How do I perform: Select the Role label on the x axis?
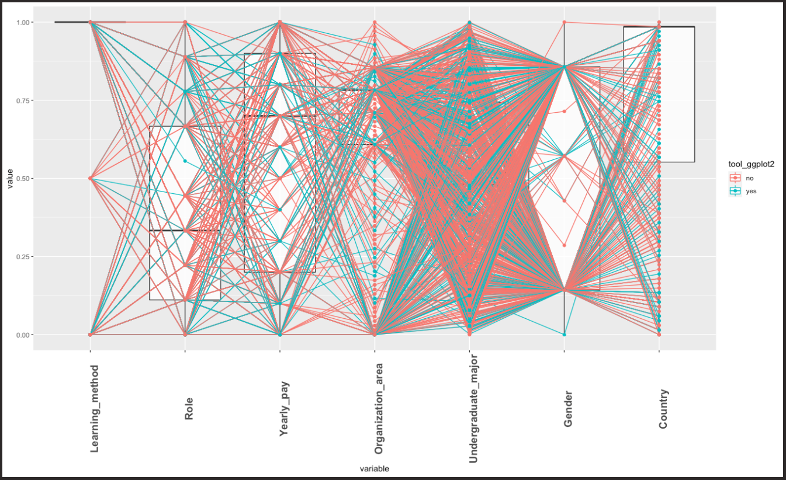coord(189,409)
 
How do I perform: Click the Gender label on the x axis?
coord(567,409)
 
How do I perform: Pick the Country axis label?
coord(663,409)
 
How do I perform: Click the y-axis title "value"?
coord(9,179)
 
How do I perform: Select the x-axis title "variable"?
coord(375,468)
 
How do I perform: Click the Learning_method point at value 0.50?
coord(90,179)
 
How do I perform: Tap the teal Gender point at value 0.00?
coord(564,335)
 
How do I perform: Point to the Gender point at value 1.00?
coord(564,22)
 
